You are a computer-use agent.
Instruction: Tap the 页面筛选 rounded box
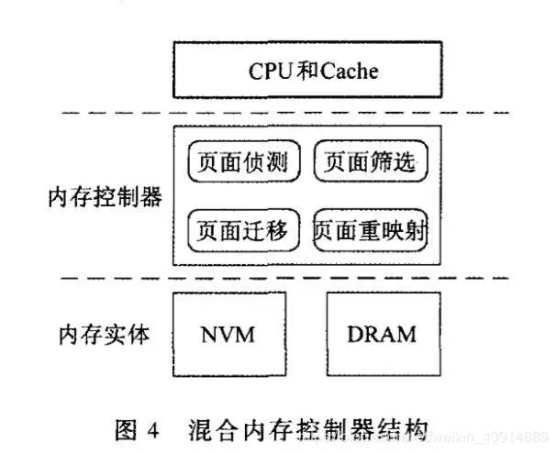(372, 163)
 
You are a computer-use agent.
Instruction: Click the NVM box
(226, 333)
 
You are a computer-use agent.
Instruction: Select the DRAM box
(381, 333)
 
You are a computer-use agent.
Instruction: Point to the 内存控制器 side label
(106, 196)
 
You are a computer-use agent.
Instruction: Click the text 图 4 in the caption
(138, 427)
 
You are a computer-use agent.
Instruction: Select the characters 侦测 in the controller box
(267, 163)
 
